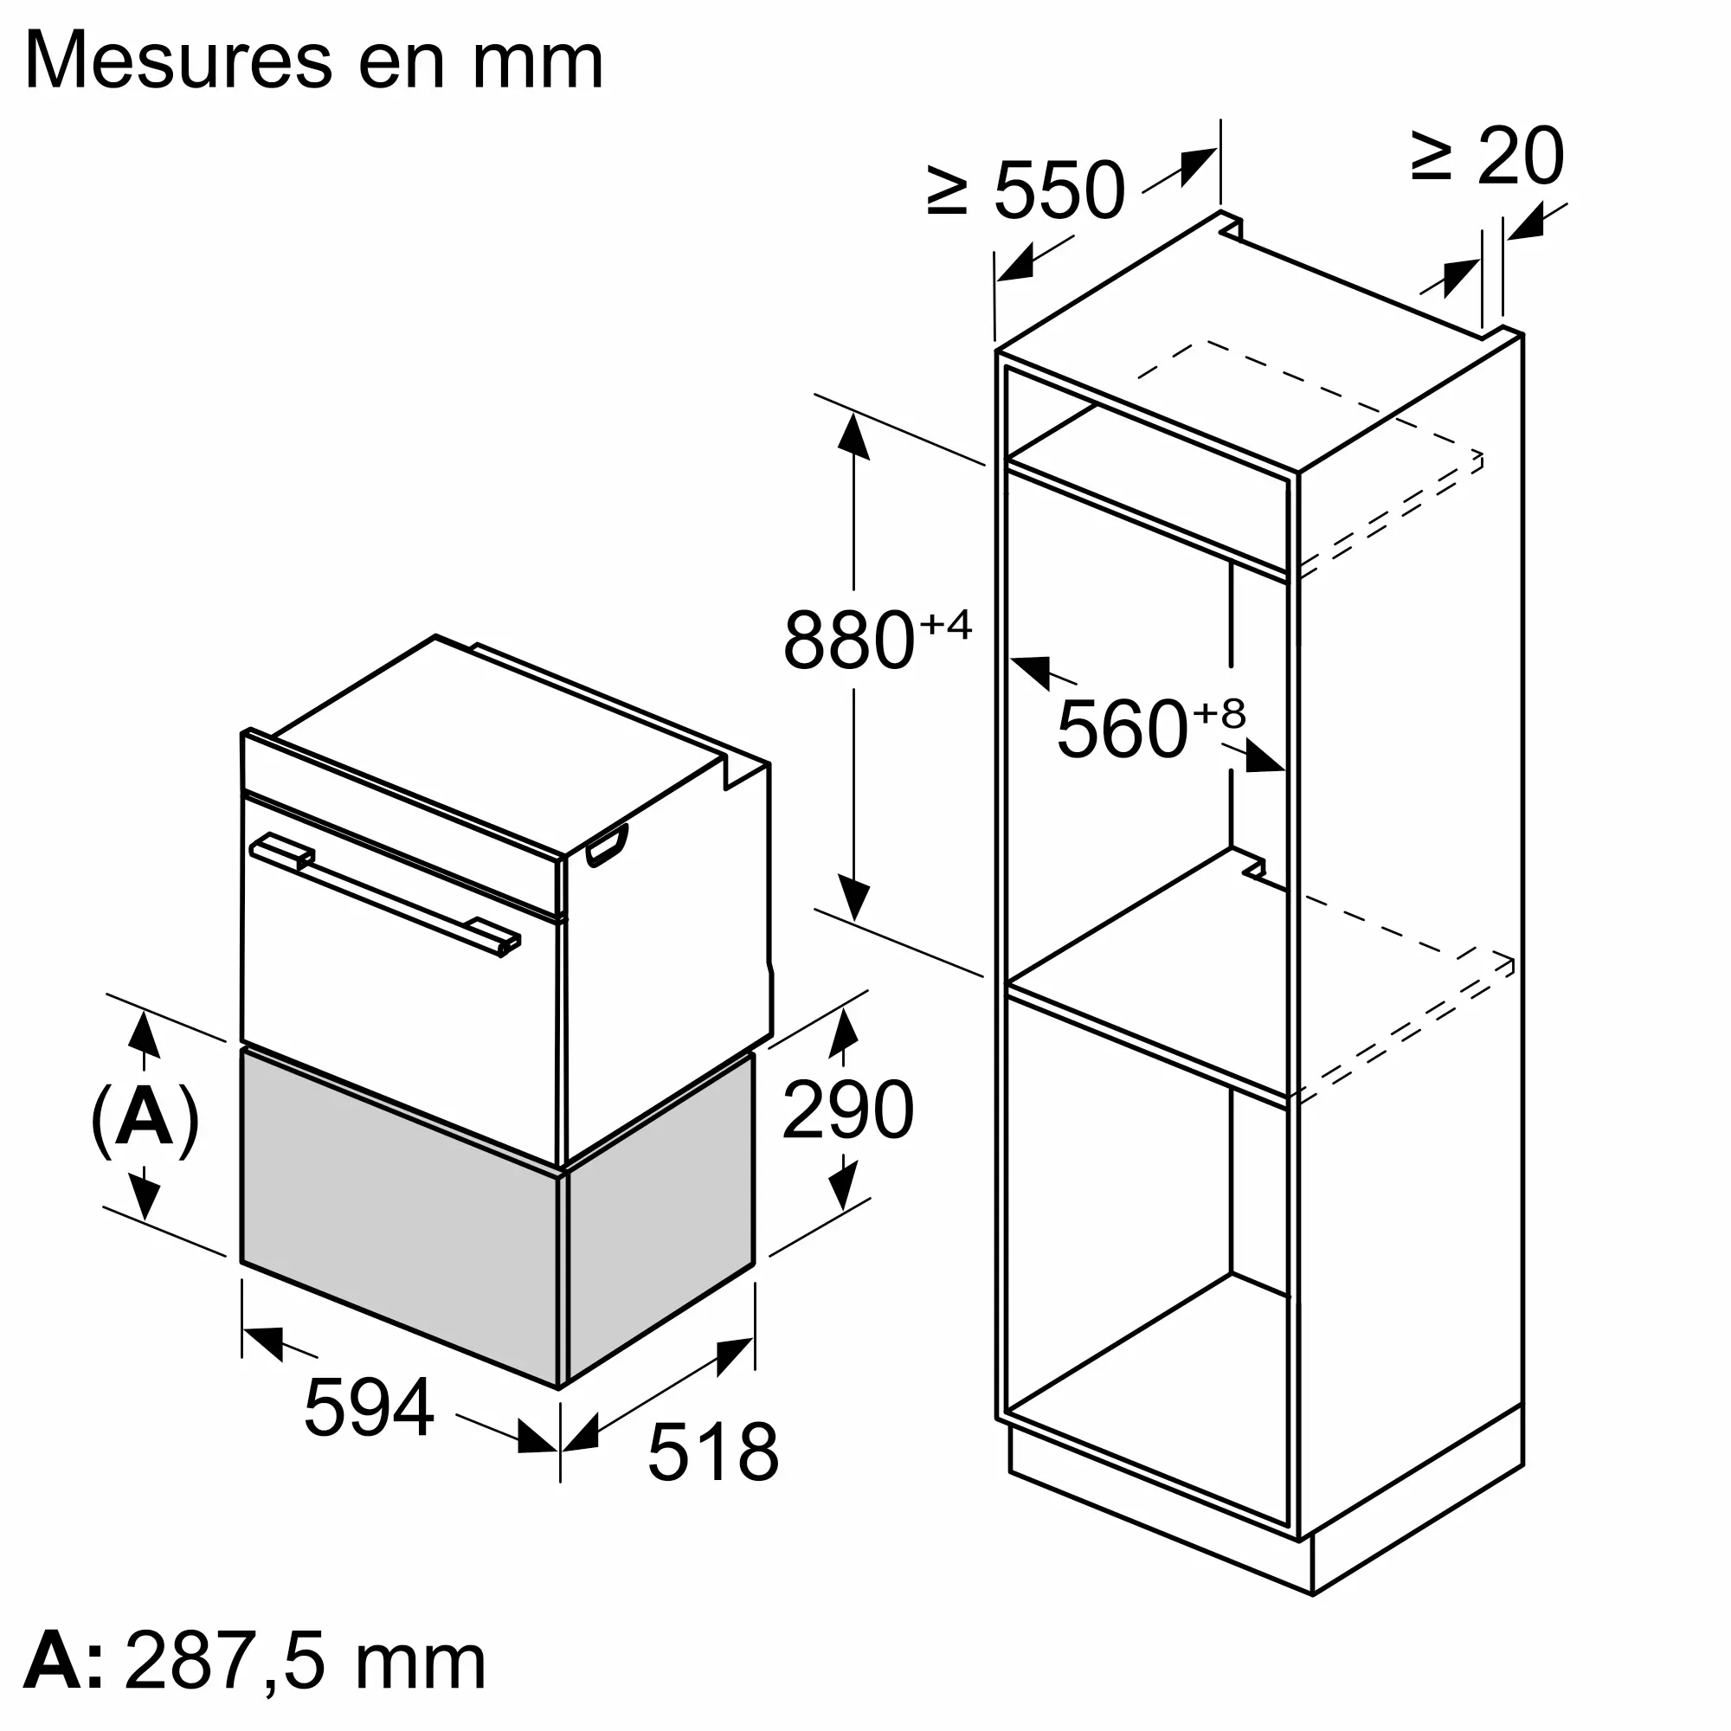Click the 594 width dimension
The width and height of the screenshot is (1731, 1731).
pyautogui.click(x=370, y=1407)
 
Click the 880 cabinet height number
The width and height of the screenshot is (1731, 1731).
pyautogui.click(x=848, y=640)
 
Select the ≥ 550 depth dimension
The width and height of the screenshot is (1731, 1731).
pyautogui.click(x=1026, y=190)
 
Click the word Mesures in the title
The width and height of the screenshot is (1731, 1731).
pyautogui.click(x=179, y=61)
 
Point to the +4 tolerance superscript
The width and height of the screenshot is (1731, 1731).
pyautogui.click(x=945, y=625)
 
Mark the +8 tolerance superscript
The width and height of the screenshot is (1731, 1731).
pyautogui.click(x=1219, y=714)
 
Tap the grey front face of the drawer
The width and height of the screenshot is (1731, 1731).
pyautogui.click(x=399, y=1219)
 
